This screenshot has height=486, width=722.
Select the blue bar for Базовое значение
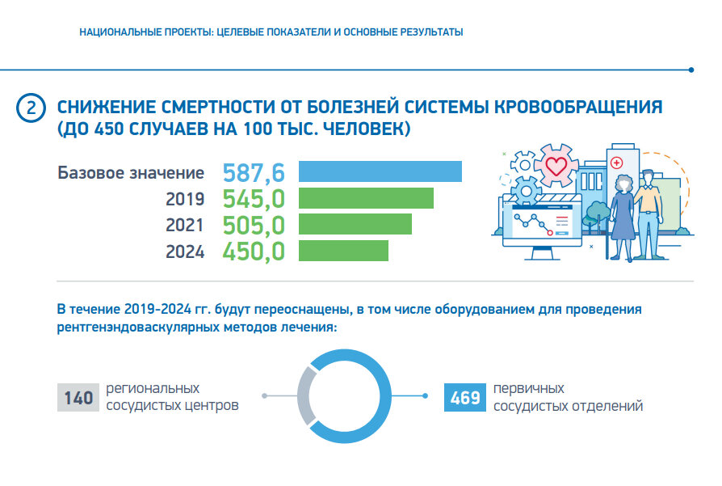tap(380, 171)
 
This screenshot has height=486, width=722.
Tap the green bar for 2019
tap(366, 198)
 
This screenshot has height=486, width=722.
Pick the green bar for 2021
tap(355, 224)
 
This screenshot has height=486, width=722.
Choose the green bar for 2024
tap(343, 251)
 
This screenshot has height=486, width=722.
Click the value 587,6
tap(254, 172)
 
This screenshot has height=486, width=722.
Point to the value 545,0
tap(254, 199)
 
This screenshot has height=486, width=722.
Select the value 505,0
tap(254, 225)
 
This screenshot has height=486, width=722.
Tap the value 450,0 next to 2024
tap(254, 251)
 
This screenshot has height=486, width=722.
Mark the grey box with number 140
tap(78, 397)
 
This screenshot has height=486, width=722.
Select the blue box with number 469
tap(465, 397)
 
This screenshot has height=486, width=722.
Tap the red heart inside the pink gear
tap(556, 167)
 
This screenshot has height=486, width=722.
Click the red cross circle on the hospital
tap(618, 163)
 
